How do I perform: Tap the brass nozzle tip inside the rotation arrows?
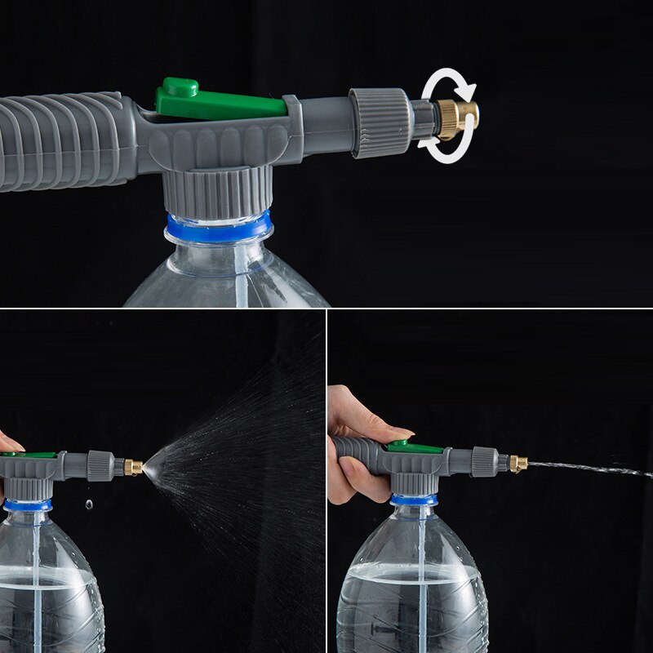pyautogui.click(x=458, y=116)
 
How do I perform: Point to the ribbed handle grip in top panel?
pyautogui.click(x=65, y=139)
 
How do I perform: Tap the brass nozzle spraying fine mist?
pyautogui.click(x=133, y=467)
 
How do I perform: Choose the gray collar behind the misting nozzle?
pyautogui.click(x=100, y=464)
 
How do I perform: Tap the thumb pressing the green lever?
pyautogui.click(x=384, y=431)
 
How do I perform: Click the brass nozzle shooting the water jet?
pyautogui.click(x=518, y=464)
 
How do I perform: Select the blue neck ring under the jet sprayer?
pyautogui.click(x=413, y=500)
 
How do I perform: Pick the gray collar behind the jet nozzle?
pyautogui.click(x=484, y=461)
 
